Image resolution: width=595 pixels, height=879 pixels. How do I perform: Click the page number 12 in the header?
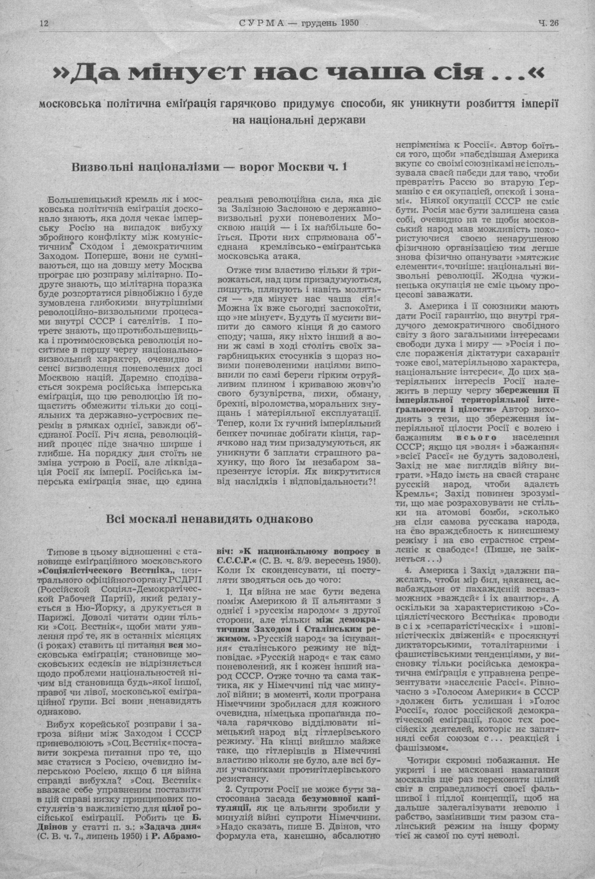[44, 23]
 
